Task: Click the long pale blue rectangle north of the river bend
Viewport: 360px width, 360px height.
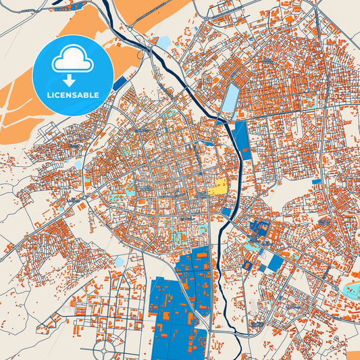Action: click(x=231, y=98)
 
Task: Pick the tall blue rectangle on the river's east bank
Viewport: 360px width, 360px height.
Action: click(x=242, y=140)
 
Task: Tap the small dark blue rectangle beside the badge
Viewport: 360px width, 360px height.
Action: click(x=120, y=84)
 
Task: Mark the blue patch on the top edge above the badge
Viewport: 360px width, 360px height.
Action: click(x=75, y=5)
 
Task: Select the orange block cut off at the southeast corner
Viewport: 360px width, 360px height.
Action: click(x=354, y=355)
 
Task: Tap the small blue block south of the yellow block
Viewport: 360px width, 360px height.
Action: click(x=226, y=212)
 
